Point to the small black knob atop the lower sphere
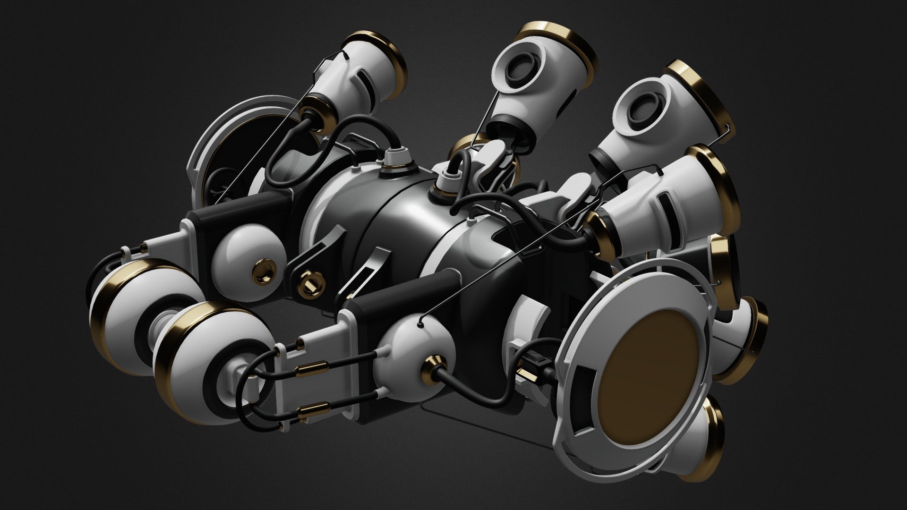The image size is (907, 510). coord(420,324)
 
